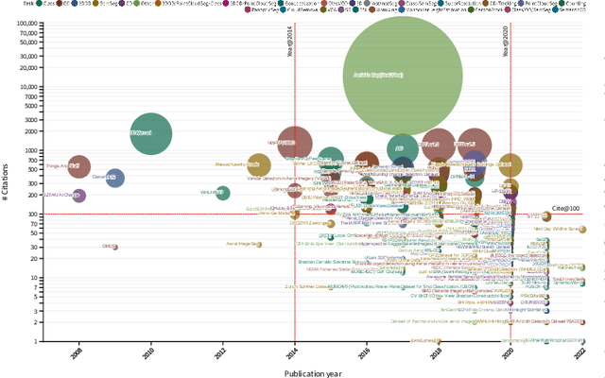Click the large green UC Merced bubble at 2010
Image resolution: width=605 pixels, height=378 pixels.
(x=150, y=133)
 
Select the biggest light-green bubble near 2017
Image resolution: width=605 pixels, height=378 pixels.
(x=402, y=75)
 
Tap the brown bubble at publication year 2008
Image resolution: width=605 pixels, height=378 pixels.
(x=79, y=167)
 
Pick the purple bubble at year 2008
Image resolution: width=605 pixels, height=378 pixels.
(x=79, y=196)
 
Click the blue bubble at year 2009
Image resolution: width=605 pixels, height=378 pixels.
(x=114, y=177)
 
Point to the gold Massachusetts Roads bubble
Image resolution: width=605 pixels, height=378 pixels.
(x=258, y=165)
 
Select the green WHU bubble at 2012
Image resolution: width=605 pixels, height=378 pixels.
(x=223, y=193)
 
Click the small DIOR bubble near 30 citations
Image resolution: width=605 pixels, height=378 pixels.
(x=114, y=247)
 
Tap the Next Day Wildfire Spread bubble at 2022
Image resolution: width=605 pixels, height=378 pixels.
(x=582, y=229)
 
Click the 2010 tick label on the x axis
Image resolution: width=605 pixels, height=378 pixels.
(x=148, y=354)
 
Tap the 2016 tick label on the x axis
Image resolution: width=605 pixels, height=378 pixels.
(x=365, y=354)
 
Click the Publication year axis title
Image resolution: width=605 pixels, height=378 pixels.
(x=312, y=372)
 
